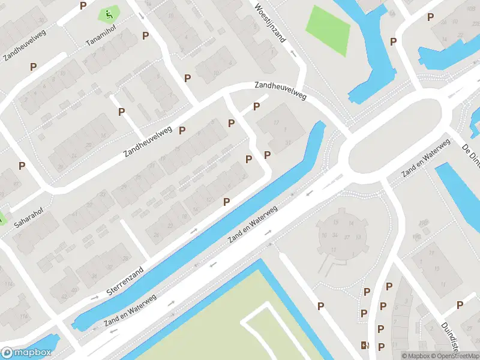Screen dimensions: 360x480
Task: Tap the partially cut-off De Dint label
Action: [470, 157]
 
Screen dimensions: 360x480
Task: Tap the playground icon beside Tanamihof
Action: [109, 14]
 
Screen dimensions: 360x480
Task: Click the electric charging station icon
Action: [364, 345]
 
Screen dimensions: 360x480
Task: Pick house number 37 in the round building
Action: [346, 237]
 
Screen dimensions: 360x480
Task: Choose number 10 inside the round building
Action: [324, 235]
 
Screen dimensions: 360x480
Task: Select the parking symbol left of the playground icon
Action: [83, 5]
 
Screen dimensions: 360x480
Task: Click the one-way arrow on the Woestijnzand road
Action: [293, 52]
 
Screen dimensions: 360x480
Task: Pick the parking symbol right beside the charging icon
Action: [381, 346]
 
